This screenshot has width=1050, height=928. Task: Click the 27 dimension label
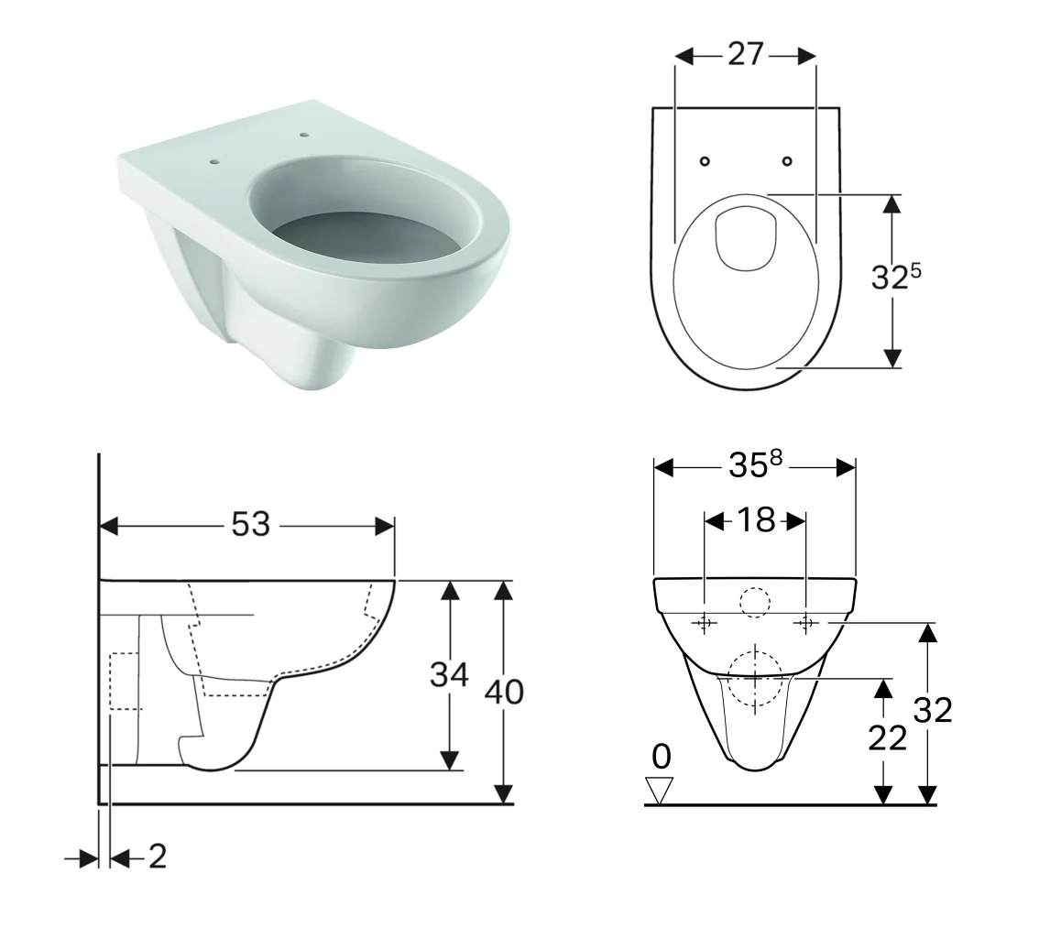tap(745, 54)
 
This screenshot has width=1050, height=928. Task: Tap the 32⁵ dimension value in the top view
tap(896, 276)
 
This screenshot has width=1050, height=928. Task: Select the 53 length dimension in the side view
tap(250, 524)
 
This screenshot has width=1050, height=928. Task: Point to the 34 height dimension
tap(449, 675)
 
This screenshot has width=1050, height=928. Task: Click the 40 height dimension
tap(504, 692)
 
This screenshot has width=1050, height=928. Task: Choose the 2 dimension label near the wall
tap(158, 857)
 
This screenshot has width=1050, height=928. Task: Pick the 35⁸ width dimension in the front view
tap(755, 464)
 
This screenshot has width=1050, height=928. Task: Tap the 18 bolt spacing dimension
tap(756, 519)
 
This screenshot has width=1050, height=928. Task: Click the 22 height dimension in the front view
tap(887, 738)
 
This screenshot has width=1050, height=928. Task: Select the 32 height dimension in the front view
tap(932, 710)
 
